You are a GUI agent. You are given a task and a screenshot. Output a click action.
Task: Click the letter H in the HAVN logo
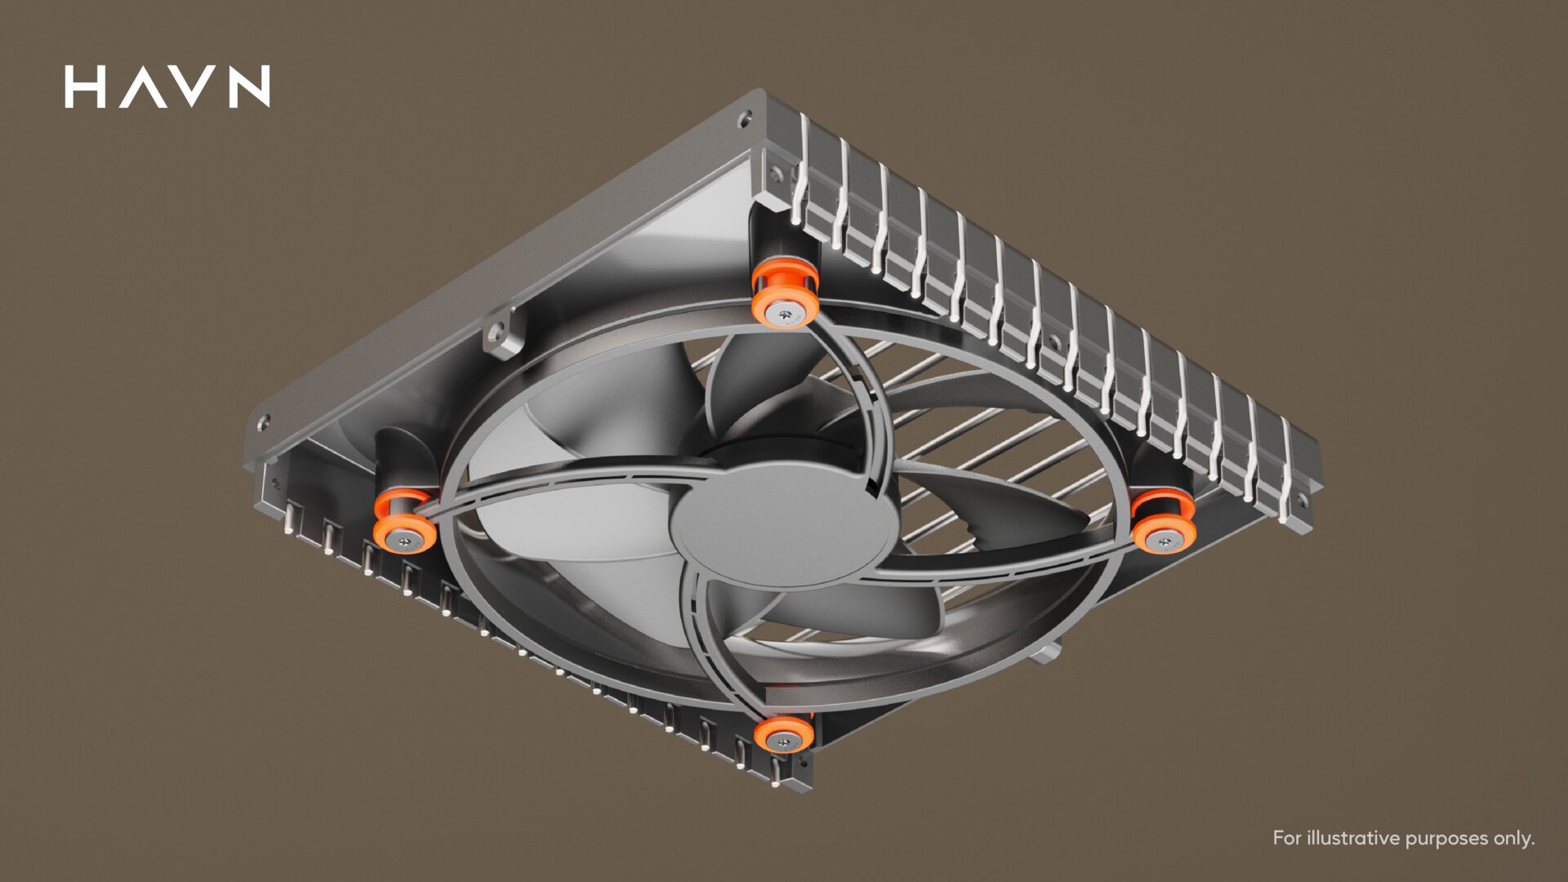pos(85,87)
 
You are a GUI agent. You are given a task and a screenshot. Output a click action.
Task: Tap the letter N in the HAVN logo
pos(250,87)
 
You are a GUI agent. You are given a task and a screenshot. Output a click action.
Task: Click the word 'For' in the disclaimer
pos(1287,838)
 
